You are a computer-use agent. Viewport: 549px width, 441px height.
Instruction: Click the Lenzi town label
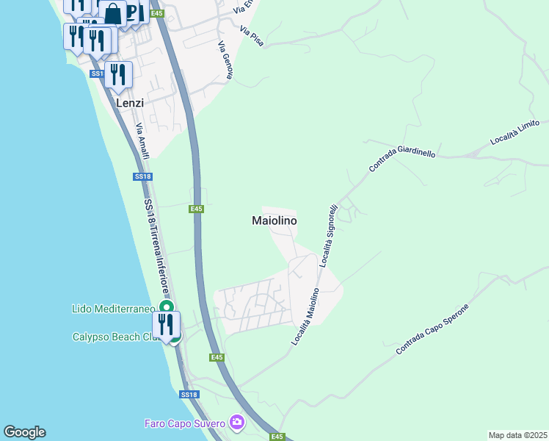[x=130, y=104]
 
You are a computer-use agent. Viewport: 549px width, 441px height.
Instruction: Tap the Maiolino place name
[x=274, y=220]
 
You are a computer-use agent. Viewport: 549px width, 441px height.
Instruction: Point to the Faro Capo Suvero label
[x=185, y=423]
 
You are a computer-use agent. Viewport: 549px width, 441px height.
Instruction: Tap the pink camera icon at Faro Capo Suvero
[x=236, y=422]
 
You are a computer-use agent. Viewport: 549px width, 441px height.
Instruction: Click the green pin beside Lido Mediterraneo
[x=167, y=307]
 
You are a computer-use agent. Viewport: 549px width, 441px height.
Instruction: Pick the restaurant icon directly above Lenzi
[x=118, y=74]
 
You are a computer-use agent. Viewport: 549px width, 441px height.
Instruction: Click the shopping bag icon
[x=114, y=13]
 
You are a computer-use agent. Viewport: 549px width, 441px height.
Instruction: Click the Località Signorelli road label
[x=328, y=230]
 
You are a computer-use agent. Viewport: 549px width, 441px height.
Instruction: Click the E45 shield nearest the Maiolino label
[x=196, y=209]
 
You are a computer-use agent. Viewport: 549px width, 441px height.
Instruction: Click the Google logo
[x=24, y=432]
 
